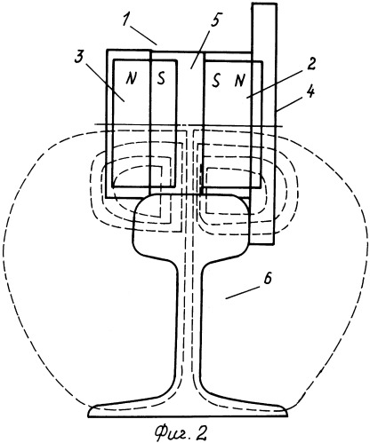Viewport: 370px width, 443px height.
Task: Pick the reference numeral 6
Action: (268, 280)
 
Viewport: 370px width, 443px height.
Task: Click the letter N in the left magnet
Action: (131, 78)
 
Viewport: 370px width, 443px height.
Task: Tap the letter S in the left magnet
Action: (161, 78)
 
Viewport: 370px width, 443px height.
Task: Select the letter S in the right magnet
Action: (216, 81)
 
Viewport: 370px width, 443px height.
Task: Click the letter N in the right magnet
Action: (239, 81)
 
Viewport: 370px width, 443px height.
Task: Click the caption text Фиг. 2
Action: (181, 433)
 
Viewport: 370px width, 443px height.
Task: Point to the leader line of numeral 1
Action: (144, 36)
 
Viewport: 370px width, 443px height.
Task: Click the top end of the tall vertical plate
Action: (264, 4)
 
